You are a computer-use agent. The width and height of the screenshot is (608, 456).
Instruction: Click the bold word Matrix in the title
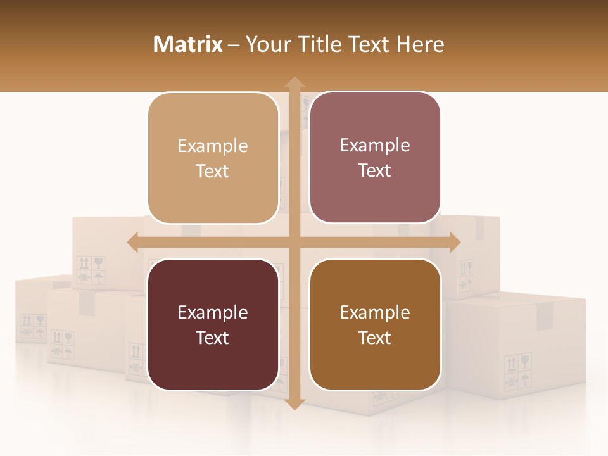188,44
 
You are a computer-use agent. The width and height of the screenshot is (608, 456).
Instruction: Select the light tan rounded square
213,158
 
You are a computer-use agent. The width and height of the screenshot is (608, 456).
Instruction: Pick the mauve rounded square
375,158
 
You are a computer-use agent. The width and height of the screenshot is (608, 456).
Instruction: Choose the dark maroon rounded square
213,324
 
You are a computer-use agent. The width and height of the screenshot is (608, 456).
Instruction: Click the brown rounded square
375,324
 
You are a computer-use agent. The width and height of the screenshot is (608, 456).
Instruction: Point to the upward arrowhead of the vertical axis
294,83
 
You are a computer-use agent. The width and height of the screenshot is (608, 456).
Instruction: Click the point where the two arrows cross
294,242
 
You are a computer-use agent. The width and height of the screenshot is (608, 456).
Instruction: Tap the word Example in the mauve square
375,145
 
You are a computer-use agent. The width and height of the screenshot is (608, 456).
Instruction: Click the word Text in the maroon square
212,338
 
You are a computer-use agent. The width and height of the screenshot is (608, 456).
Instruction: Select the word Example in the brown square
375,312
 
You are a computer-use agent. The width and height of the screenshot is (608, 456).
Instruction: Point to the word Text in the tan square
212,172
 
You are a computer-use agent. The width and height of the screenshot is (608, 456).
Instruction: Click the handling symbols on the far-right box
517,372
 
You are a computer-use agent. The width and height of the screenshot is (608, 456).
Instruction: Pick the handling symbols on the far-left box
33,328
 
